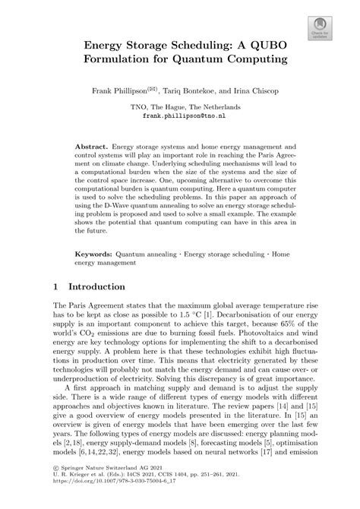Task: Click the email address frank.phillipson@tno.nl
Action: [x=180, y=118]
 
